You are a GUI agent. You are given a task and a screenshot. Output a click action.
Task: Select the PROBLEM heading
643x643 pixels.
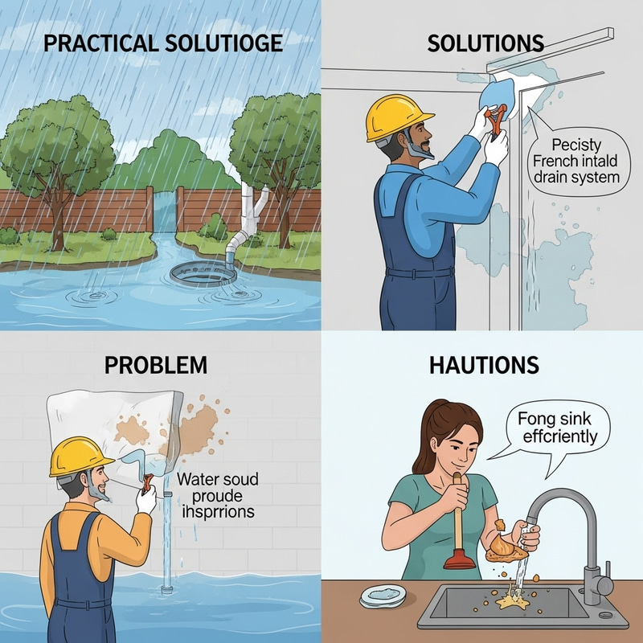tap(156, 366)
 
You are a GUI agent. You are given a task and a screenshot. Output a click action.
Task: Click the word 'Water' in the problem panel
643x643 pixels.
tap(198, 480)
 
